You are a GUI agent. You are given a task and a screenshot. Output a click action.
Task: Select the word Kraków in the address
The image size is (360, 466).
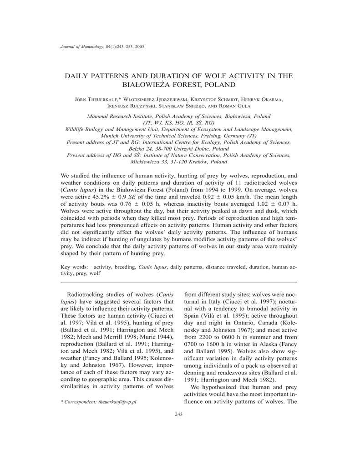(199, 161)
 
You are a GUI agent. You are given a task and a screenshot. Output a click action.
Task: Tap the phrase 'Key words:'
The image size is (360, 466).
(75, 267)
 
